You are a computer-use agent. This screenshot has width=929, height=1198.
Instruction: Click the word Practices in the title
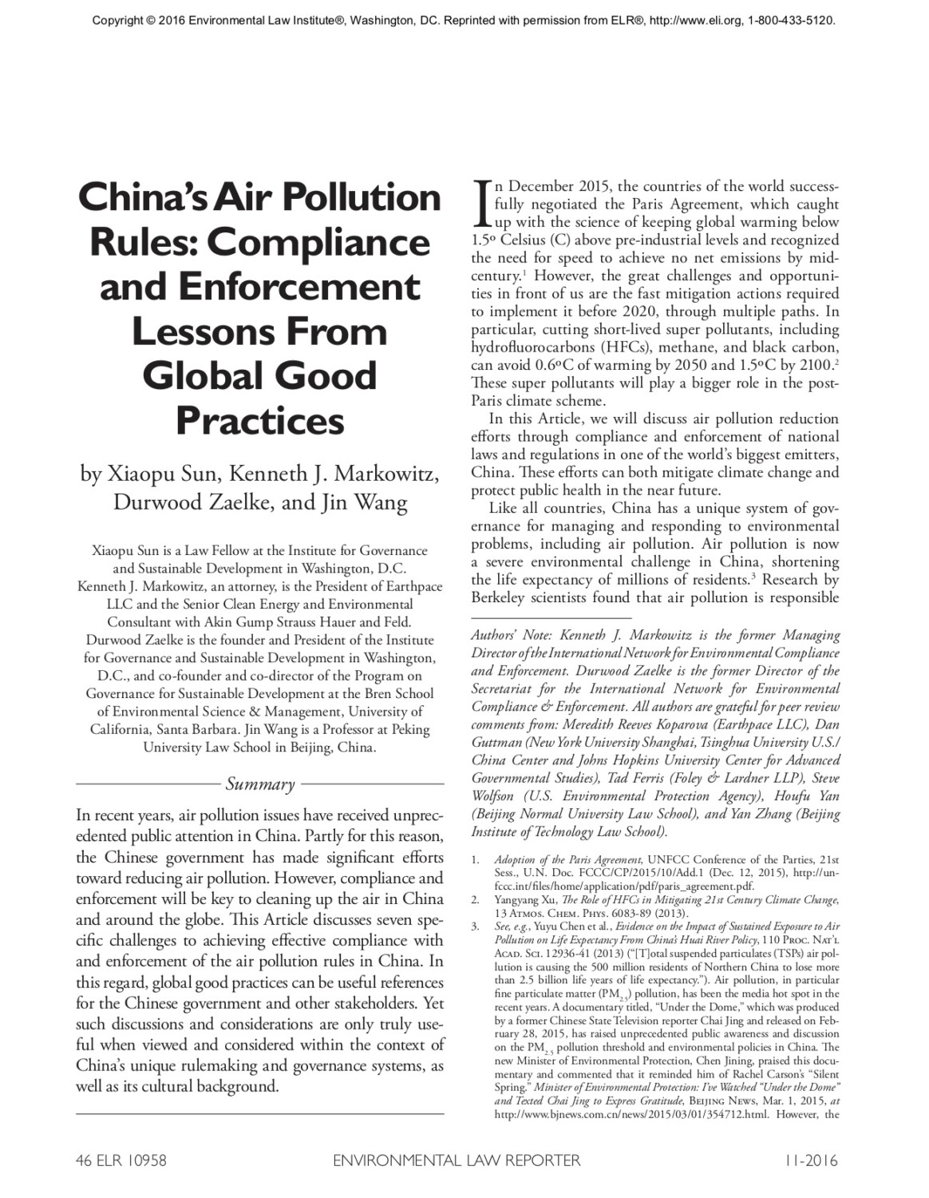260,421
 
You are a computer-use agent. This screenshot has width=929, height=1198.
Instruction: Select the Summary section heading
260,784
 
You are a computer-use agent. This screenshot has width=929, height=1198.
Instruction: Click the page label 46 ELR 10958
121,1160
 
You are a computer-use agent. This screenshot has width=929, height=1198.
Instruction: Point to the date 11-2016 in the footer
811,1160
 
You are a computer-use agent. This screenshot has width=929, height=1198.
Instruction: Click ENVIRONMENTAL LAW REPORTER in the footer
457,1160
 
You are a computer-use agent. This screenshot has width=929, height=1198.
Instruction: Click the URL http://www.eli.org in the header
696,20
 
